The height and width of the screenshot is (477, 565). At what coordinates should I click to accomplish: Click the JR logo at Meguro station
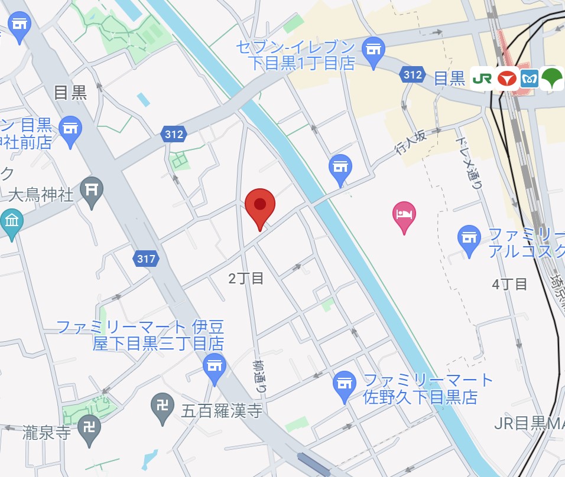point(482,78)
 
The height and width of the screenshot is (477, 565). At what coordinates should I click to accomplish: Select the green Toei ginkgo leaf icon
point(552,78)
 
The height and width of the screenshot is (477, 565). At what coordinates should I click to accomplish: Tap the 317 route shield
point(145,259)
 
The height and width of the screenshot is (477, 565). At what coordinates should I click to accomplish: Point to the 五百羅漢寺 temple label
point(222,411)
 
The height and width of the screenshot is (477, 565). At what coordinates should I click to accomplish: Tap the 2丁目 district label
point(246,279)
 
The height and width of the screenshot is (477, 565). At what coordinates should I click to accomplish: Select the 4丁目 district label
point(509,284)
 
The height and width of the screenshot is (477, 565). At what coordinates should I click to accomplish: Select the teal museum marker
point(11,223)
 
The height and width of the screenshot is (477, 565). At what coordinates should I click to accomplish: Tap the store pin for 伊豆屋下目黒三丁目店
point(214,366)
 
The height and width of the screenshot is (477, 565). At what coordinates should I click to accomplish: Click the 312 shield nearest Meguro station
point(412,75)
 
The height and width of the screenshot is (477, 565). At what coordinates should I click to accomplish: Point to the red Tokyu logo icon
point(506,78)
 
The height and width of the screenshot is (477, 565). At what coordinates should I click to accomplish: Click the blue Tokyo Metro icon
point(530,78)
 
